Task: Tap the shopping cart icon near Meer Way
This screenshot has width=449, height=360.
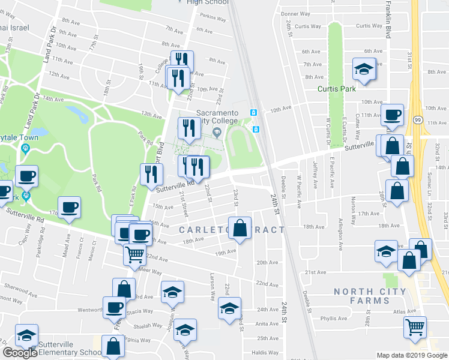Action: [134, 254]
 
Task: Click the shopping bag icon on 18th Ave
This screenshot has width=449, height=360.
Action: [240, 229]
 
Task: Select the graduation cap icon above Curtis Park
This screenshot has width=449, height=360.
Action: [364, 69]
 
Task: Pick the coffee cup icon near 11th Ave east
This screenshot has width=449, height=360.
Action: [392, 114]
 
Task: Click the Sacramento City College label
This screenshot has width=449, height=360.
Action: [216, 117]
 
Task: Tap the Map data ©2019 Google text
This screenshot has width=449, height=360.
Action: [412, 355]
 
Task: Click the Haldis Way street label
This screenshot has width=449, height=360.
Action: [264, 352]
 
